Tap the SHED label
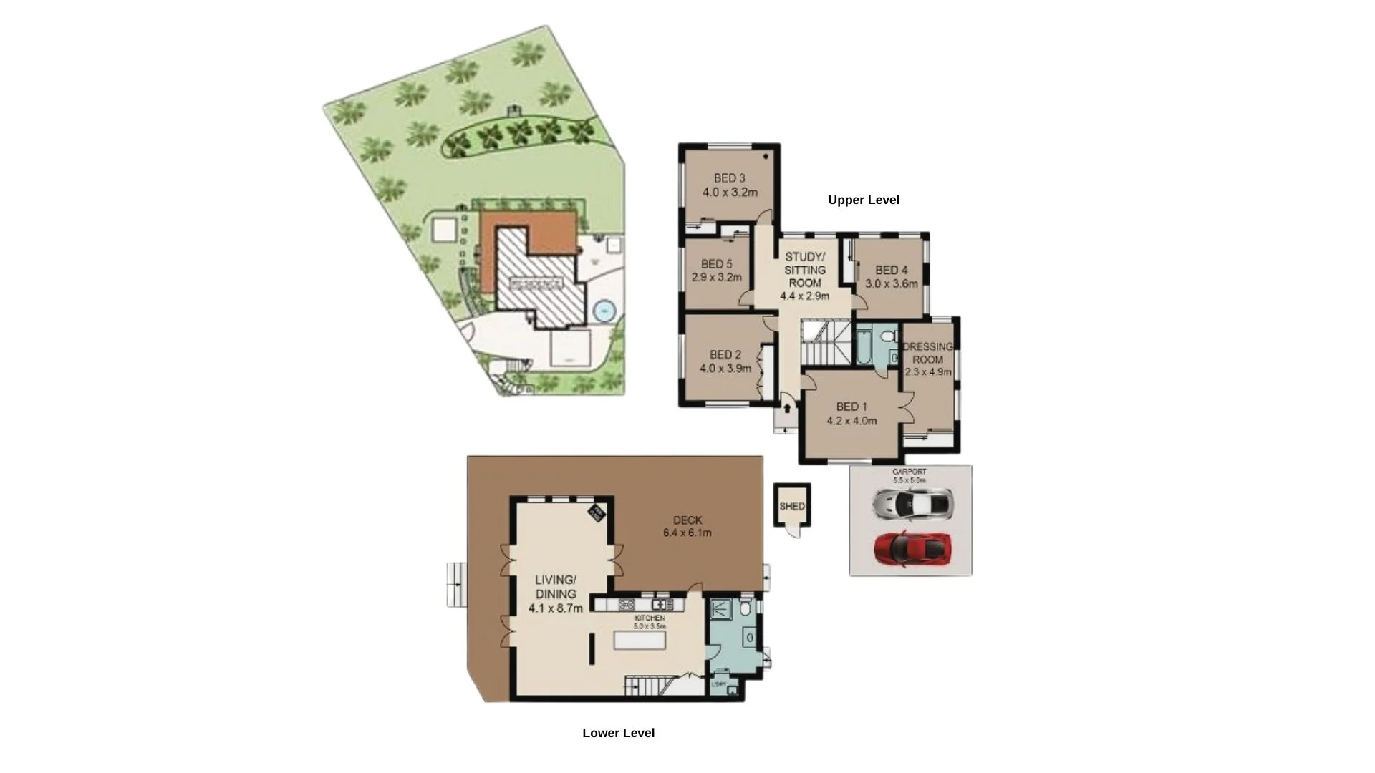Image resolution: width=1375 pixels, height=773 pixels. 792,506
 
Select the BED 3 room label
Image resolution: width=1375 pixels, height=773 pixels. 729,178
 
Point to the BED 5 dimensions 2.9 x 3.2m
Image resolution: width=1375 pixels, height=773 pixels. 716,277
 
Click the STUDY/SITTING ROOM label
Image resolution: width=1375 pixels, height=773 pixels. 804,269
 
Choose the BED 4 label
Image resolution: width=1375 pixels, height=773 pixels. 891,270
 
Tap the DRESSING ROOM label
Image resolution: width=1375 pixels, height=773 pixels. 927,353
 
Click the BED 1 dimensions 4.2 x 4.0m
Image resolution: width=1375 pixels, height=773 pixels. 851,421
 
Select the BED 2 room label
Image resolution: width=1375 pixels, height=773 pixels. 725,354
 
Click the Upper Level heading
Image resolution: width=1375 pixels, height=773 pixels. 863,200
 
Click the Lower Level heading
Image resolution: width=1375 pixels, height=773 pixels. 618,732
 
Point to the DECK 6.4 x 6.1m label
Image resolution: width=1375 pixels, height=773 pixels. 687,527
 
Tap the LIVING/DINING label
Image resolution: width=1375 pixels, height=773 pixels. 555,587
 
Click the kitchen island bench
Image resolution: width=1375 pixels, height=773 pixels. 640,639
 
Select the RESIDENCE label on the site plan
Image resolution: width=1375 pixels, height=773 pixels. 536,284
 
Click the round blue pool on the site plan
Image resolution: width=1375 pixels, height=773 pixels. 604,311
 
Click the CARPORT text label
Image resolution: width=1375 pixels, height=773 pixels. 909,472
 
